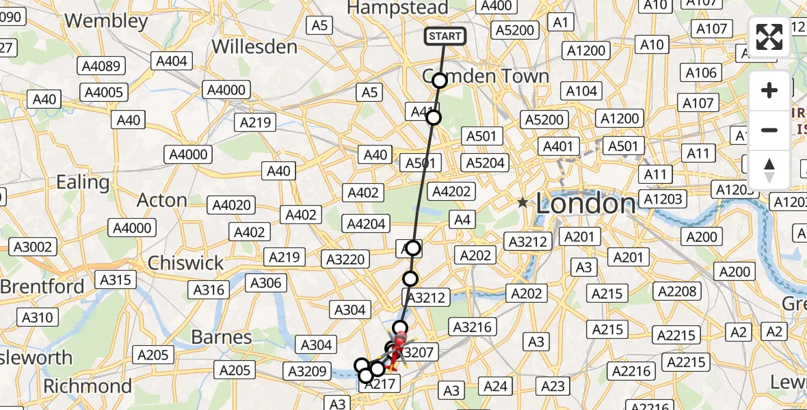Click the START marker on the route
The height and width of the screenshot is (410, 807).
coord(445,36)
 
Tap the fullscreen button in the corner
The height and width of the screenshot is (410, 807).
coord(769,37)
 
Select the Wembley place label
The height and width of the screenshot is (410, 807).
coord(106,20)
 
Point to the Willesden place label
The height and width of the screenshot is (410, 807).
coord(254,47)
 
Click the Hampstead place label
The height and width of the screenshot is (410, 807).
coord(398,8)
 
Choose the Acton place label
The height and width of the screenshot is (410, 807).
coord(162,200)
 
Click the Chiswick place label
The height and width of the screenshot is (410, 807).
coord(185,262)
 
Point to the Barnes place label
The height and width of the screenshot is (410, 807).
coord(222,337)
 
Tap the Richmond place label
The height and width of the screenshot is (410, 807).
coord(87,386)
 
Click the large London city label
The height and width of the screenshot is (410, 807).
coord(585,203)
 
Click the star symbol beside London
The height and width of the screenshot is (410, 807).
coord(522,202)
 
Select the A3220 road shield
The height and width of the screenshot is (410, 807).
coord(347,259)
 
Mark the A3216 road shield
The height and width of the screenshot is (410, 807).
coord(472,327)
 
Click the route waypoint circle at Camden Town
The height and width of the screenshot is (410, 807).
coord(440,81)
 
